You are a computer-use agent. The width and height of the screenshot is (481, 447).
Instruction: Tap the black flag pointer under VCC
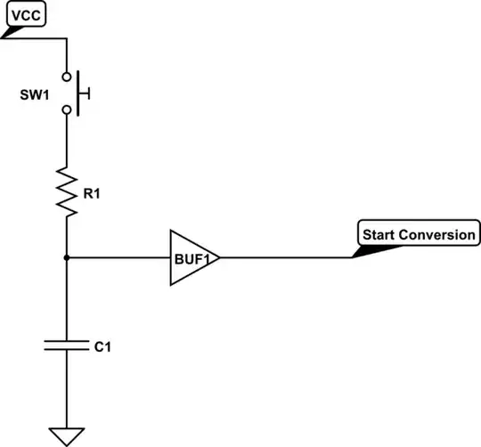12,32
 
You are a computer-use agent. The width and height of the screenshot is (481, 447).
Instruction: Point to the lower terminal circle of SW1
67,110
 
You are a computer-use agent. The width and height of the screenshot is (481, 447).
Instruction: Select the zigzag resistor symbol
67,189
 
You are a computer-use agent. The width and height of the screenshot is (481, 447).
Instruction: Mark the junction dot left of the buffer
67,258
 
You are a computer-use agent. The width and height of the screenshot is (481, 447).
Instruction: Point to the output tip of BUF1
218,258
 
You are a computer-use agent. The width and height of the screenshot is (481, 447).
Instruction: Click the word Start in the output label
379,235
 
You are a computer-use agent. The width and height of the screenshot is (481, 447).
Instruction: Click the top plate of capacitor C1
67,339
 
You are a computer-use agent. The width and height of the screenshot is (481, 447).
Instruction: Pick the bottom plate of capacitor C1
67,350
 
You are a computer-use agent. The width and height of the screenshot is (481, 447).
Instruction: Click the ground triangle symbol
67,436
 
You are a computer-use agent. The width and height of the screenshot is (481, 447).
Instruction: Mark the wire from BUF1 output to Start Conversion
285,258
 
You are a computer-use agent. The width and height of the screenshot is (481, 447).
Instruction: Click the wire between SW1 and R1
67,138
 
